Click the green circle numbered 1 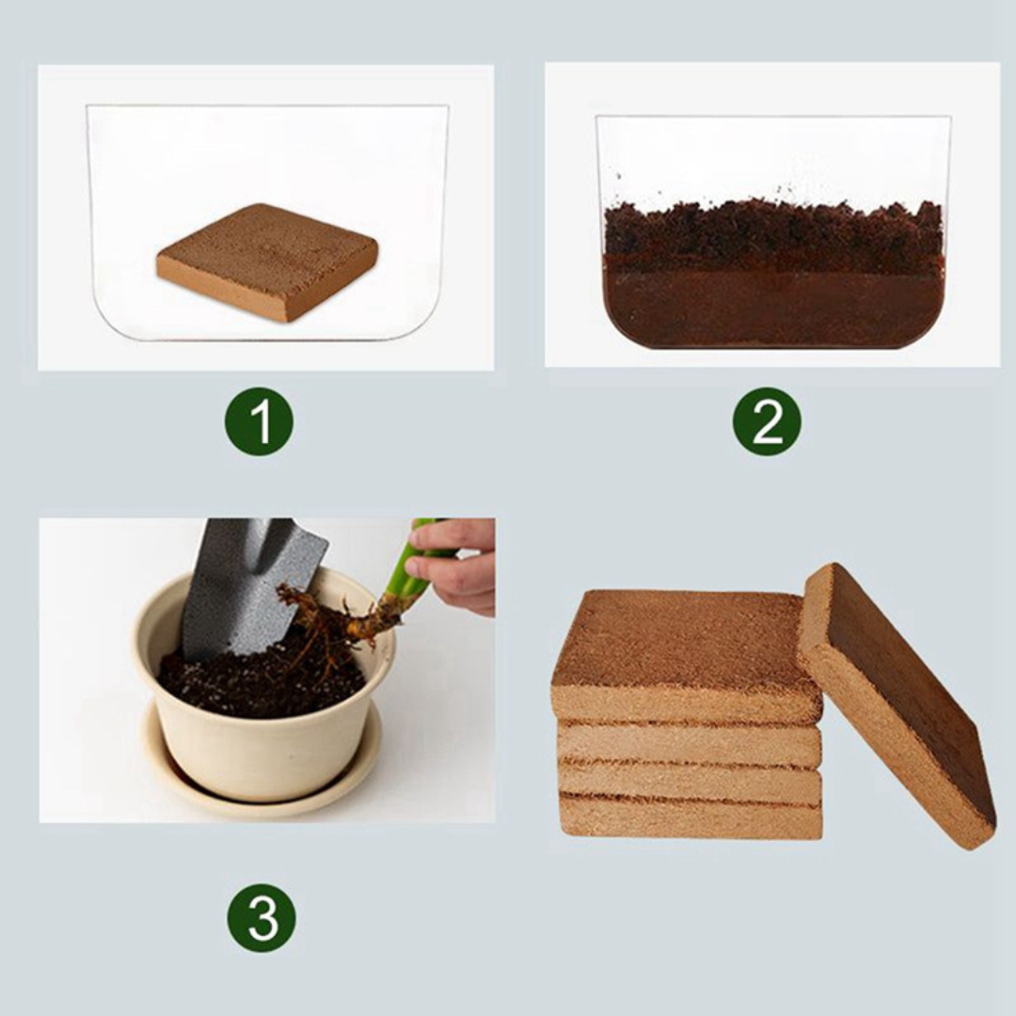click(x=259, y=421)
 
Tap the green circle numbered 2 click(x=767, y=421)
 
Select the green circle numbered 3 click(x=261, y=916)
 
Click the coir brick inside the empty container click(x=268, y=254)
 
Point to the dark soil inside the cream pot click(x=254, y=682)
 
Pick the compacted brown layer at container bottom click(x=771, y=310)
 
